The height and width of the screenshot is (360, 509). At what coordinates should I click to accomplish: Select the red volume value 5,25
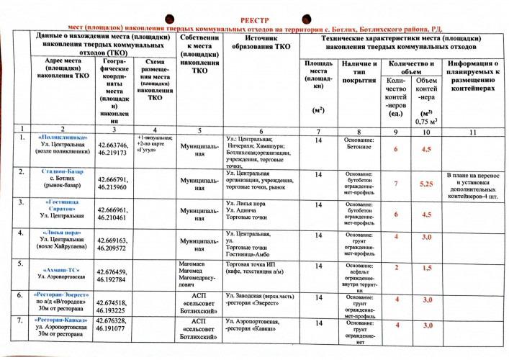pyautogui.click(x=426, y=184)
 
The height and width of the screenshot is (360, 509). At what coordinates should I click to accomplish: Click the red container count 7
pyautogui.click(x=395, y=184)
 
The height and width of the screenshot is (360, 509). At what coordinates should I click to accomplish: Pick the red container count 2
pyautogui.click(x=395, y=268)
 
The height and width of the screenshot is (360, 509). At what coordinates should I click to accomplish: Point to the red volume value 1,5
pyautogui.click(x=426, y=268)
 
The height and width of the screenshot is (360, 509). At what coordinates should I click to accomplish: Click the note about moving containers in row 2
pyautogui.click(x=472, y=185)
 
